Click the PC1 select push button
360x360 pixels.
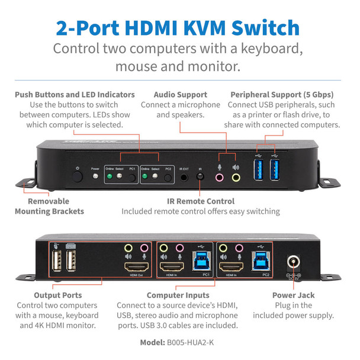point(132,177)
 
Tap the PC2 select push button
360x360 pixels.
point(168,177)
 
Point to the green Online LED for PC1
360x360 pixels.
point(111,176)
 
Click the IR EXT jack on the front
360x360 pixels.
point(185,176)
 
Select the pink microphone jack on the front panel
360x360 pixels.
point(220,176)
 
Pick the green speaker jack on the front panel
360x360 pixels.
point(236,176)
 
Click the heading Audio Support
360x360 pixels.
point(180,94)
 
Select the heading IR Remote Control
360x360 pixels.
point(200,201)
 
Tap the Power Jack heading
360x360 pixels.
point(294,294)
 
